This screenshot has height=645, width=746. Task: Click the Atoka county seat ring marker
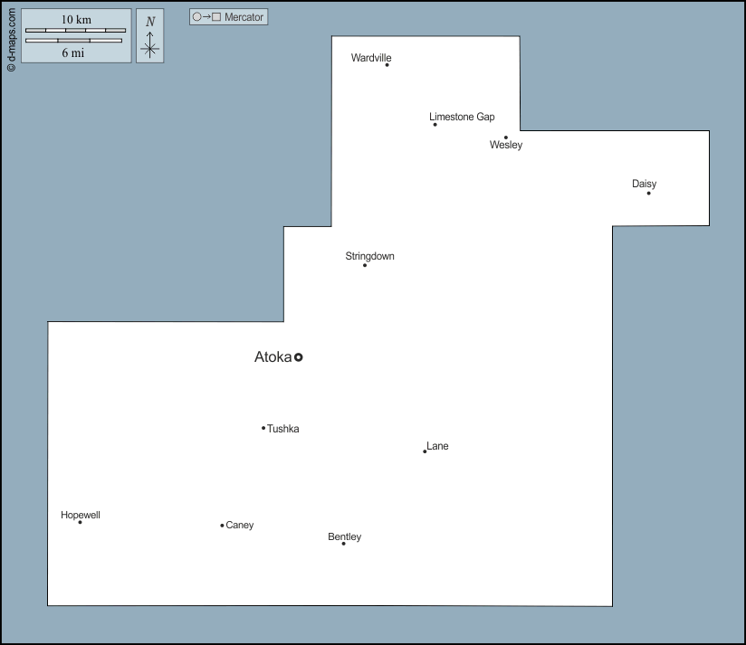(x=298, y=357)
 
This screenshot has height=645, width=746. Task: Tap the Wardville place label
(x=371, y=58)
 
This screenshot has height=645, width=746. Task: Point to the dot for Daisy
(x=648, y=193)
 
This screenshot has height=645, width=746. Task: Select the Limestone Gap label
(x=462, y=117)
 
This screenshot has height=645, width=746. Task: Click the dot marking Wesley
(x=506, y=138)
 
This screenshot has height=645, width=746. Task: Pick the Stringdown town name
(x=369, y=256)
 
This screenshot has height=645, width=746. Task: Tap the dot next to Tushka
(x=263, y=428)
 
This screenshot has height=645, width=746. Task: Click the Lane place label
(x=437, y=446)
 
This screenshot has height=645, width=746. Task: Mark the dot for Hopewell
(x=80, y=522)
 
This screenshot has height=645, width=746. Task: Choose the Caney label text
(x=240, y=526)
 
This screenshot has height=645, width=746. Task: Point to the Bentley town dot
(x=343, y=544)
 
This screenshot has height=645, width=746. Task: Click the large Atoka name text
(x=273, y=357)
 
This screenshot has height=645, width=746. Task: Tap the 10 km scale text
(x=76, y=20)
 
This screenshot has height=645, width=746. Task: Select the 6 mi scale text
(x=72, y=52)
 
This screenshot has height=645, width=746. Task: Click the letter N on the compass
(x=150, y=22)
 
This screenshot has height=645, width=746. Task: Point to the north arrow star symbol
(x=150, y=49)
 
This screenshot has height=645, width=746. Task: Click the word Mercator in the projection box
(x=244, y=17)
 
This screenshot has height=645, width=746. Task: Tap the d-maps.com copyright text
(x=12, y=40)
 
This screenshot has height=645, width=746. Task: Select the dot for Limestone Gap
(x=435, y=125)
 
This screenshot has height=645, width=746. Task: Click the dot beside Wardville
(x=387, y=64)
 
